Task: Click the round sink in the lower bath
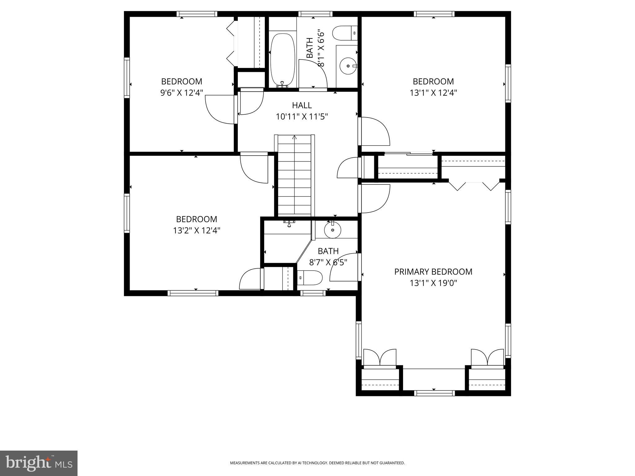coord(332,230)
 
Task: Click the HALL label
coord(302,105)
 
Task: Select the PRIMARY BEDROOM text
coord(433,272)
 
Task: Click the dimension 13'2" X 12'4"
coord(197,231)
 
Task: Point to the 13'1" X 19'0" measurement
coord(433,283)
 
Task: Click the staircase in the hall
coord(294,177)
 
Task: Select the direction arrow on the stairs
coord(294,137)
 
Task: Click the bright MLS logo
coord(39,463)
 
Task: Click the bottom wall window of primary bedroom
coord(434,393)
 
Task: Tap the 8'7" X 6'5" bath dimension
coord(328,262)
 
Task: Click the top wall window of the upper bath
coord(315,14)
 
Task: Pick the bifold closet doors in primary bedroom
coord(474,186)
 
